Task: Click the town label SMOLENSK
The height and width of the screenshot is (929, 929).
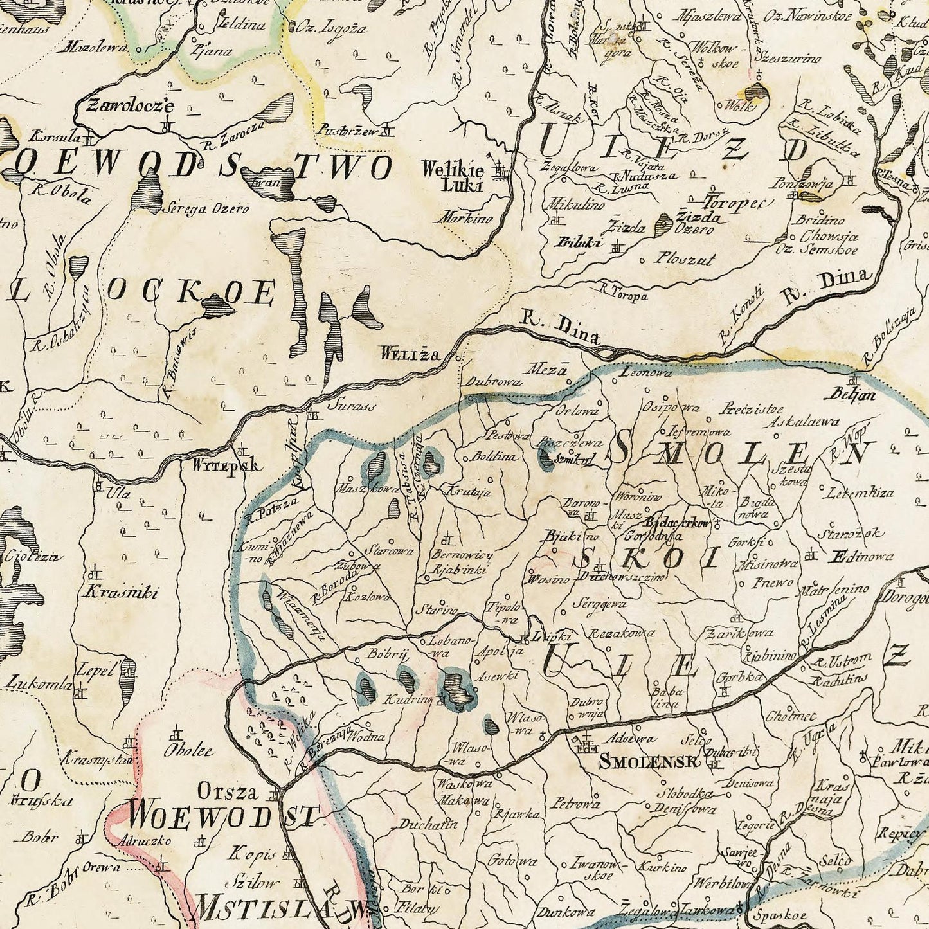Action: tap(648, 762)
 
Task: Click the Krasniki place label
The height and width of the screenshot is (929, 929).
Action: tap(120, 593)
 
